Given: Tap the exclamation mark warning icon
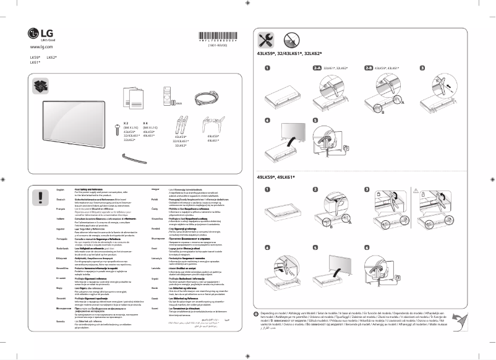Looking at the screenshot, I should (41, 197).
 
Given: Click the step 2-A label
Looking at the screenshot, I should (317, 67).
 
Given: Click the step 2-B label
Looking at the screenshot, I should (369, 67).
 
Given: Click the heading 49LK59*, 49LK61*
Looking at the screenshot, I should (276, 178).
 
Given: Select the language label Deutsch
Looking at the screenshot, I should (61, 200).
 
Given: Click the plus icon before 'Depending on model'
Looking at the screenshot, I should (257, 315).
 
